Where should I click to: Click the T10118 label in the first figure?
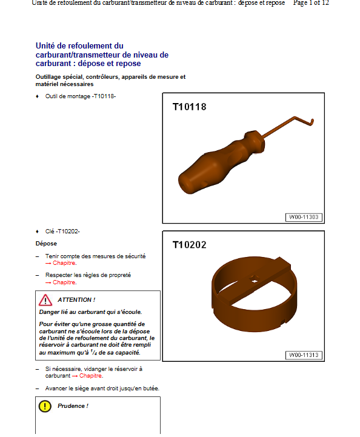(x=189, y=107)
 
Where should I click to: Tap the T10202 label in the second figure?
(x=189, y=245)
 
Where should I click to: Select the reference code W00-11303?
(x=304, y=217)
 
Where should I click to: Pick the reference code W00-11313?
(x=304, y=355)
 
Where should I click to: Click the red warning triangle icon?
(x=45, y=300)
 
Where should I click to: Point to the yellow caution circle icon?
(x=45, y=406)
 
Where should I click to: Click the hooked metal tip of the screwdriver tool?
(x=311, y=122)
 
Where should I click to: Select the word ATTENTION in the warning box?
(x=76, y=300)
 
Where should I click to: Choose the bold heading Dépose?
(x=46, y=244)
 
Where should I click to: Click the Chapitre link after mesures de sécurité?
(x=64, y=264)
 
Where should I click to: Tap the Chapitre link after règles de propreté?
(x=64, y=282)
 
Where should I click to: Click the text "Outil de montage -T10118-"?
(x=80, y=96)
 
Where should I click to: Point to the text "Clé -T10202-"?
(x=62, y=232)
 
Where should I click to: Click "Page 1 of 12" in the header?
(x=311, y=3)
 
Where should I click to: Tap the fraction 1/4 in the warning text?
(x=93, y=352)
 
